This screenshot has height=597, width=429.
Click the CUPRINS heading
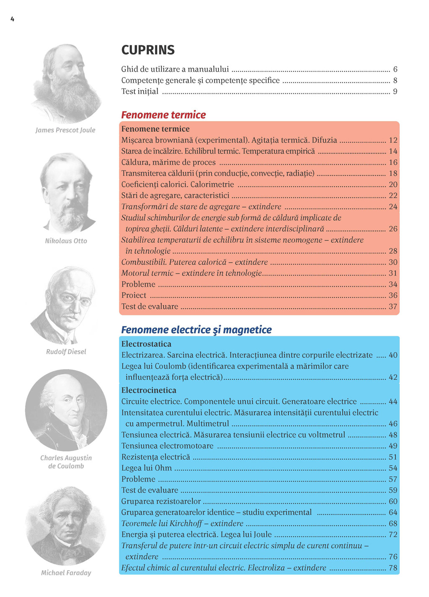click(148, 50)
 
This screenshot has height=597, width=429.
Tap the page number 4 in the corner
click(12, 19)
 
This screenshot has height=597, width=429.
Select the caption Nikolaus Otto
click(66, 241)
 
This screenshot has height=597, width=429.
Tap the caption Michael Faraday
click(66, 573)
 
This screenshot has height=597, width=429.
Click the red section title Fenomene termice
click(163, 115)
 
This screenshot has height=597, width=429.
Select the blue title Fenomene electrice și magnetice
click(196, 330)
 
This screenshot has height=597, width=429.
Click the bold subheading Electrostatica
click(146, 344)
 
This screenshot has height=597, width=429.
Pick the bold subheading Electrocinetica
click(149, 390)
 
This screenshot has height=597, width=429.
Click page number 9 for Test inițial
click(395, 91)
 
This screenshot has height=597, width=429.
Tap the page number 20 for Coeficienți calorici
click(393, 184)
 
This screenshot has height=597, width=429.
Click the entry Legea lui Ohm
click(146, 468)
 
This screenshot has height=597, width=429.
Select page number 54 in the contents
click(393, 468)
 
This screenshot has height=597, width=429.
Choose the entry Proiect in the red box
click(134, 296)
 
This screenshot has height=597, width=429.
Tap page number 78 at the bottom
click(393, 568)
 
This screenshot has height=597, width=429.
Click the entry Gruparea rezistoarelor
click(161, 501)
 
